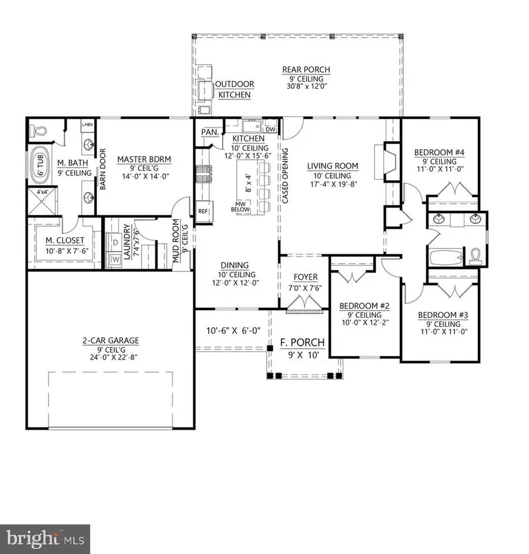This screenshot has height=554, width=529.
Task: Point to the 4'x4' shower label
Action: pyautogui.click(x=42, y=192)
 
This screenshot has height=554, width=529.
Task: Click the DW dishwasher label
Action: pyautogui.click(x=270, y=129)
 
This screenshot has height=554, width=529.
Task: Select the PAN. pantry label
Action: pyautogui.click(x=210, y=133)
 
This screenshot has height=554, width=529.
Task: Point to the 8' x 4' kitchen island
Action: pyautogui.click(x=247, y=184)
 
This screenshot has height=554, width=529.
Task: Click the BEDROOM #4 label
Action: pyautogui.click(x=439, y=153)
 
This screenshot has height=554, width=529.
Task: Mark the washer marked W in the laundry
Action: pyautogui.click(x=115, y=259)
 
